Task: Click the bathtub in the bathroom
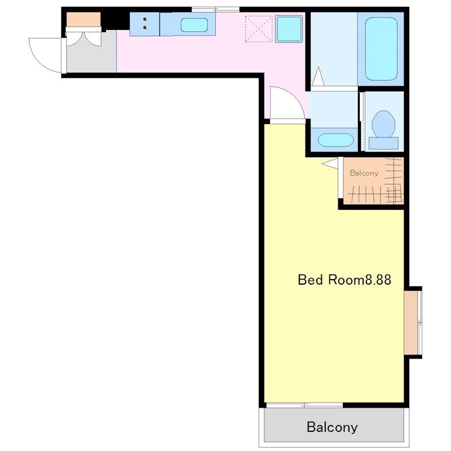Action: click(381, 49)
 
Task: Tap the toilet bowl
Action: click(383, 124)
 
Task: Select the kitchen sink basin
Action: click(194, 25)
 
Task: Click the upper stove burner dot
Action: click(145, 19)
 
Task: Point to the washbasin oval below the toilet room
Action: click(335, 140)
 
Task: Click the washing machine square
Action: click(289, 29)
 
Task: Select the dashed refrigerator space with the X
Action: click(259, 29)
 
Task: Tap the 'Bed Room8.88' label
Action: click(344, 280)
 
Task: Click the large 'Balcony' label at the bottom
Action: click(332, 427)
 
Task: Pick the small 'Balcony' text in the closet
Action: click(364, 173)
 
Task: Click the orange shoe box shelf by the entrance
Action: click(83, 19)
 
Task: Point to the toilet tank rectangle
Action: click(383, 143)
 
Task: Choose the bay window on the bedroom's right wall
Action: click(413, 322)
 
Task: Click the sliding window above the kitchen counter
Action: click(215, 10)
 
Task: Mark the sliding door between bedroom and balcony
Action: click(304, 405)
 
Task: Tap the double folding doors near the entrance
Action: click(83, 37)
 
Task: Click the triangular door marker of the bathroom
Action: click(318, 77)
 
